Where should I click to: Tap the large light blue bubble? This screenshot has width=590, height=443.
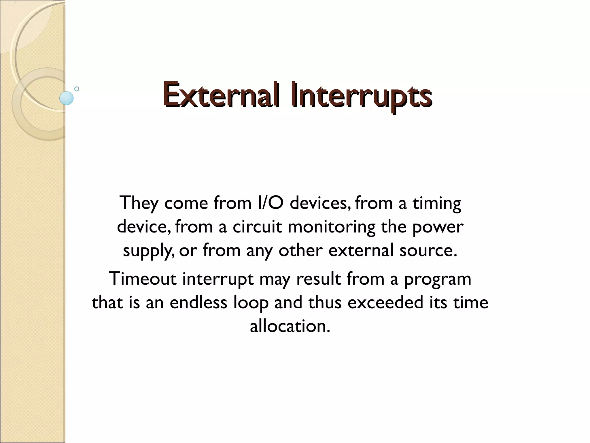[x=67, y=98]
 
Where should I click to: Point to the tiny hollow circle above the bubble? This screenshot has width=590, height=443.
[x=77, y=89]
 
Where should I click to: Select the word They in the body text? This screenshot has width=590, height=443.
[x=139, y=203]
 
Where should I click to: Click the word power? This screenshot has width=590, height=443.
[x=438, y=227]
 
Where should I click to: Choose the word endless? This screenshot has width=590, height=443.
[x=198, y=303]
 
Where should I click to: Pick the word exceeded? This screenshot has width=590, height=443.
[x=385, y=303]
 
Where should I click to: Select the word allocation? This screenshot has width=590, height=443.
[x=290, y=326]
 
